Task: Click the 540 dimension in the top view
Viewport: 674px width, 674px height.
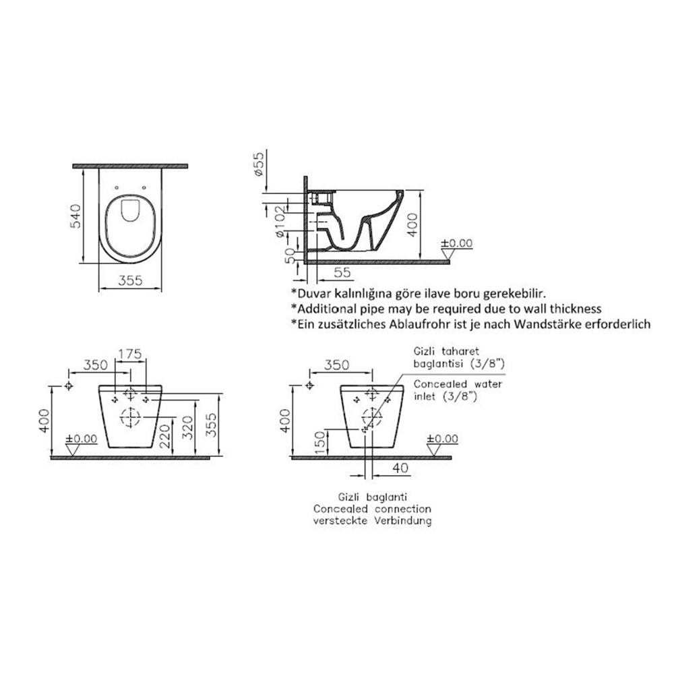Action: (x=75, y=216)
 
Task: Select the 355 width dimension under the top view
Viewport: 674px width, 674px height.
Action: (x=130, y=280)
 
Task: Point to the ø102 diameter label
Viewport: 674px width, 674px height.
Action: (x=279, y=221)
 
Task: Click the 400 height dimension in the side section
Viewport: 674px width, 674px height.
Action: (x=412, y=225)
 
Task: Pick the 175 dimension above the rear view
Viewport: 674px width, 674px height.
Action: (x=130, y=354)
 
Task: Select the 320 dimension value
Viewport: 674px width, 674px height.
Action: (x=188, y=427)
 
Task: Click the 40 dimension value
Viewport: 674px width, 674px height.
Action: (x=400, y=468)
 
